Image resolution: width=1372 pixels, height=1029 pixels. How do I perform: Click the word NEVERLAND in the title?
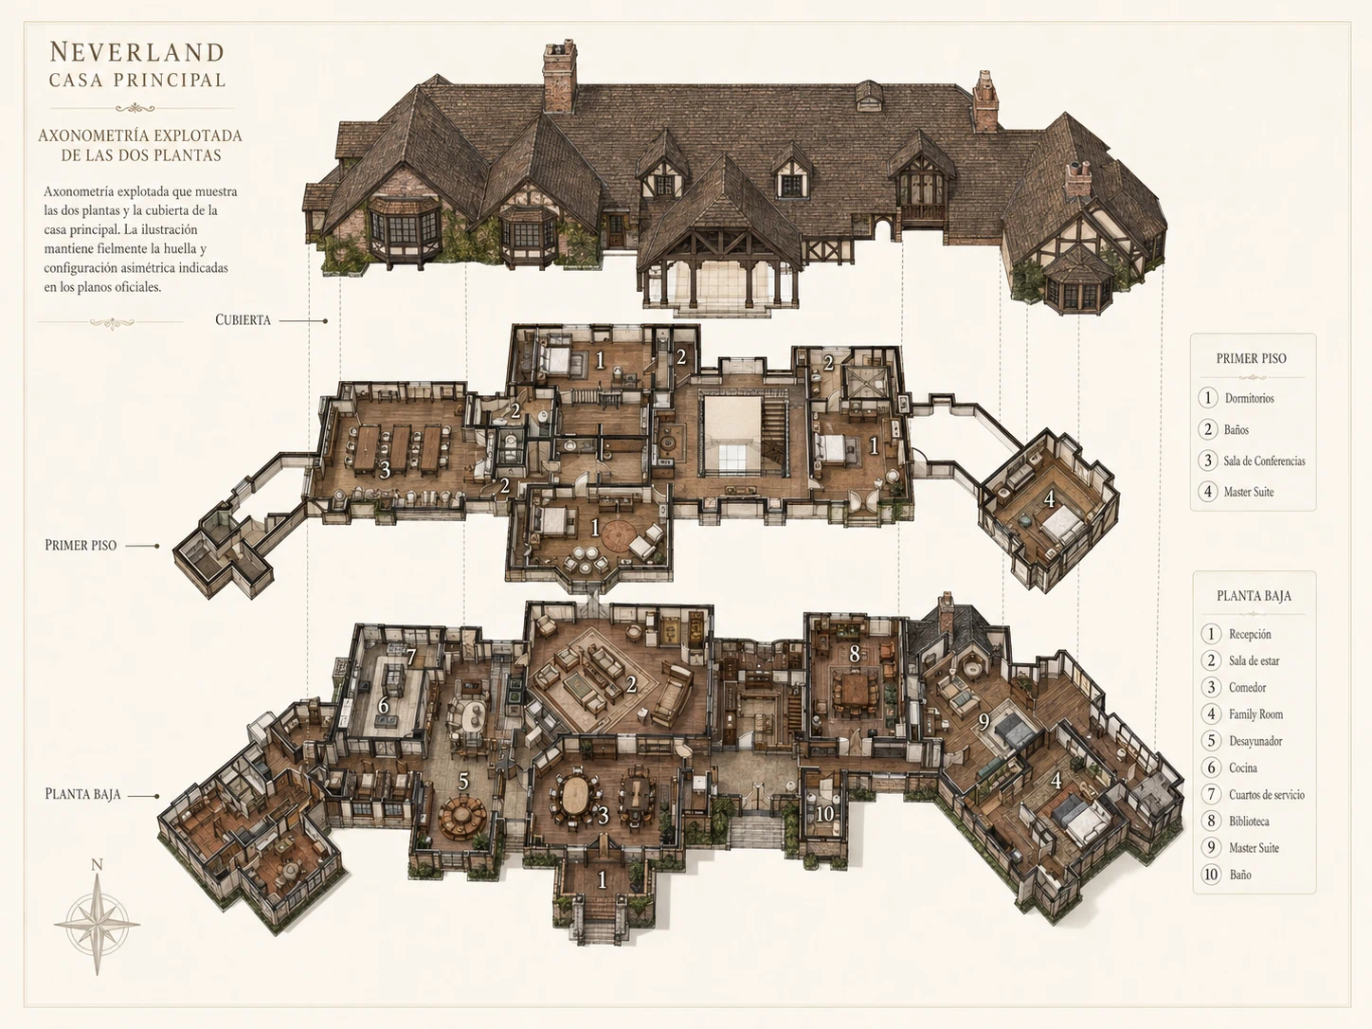point(136,52)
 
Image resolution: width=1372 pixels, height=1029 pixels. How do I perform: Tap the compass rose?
point(97,924)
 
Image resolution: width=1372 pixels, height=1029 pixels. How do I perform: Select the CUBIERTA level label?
point(243,320)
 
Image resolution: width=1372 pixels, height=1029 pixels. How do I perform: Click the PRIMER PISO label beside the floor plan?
point(81,545)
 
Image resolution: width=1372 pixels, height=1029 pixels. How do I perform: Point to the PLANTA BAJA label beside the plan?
point(82,794)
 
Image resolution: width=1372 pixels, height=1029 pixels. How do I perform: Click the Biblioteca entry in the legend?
point(1249,821)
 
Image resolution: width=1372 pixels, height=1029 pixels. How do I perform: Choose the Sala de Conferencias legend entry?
point(1265,461)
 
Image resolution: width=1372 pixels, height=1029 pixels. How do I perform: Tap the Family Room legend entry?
point(1255,714)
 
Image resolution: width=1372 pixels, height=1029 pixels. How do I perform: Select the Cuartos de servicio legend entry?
point(1267,795)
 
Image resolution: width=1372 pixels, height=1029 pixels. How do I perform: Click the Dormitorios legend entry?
point(1249,398)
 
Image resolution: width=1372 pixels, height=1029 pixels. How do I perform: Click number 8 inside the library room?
point(854,654)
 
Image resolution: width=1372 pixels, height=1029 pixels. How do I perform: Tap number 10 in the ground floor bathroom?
point(825,814)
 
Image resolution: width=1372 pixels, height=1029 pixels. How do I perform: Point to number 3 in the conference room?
point(385,470)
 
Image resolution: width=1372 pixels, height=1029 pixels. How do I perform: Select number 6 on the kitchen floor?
point(383,706)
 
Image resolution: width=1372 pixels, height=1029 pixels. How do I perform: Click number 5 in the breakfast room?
point(463,781)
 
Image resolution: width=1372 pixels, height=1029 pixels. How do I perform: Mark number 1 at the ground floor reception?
point(602,879)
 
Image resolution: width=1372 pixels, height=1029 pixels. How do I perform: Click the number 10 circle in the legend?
point(1211,874)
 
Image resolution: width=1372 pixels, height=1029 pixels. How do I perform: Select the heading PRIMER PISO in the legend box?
point(1252,358)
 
